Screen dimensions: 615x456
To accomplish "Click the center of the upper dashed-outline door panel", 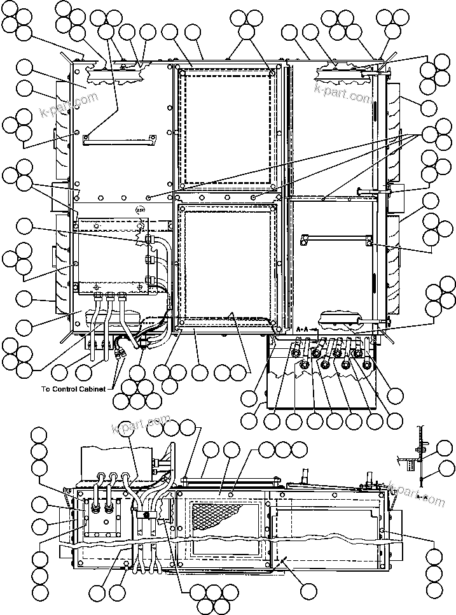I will point(227,127).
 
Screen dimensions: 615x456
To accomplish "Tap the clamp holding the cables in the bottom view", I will point(148,516).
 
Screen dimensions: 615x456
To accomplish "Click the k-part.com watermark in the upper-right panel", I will point(343,96).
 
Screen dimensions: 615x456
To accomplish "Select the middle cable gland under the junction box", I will point(109,296).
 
